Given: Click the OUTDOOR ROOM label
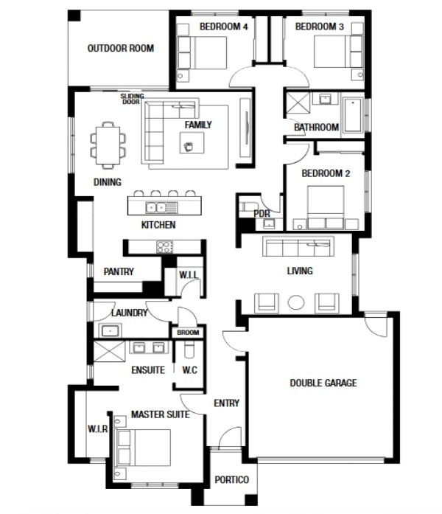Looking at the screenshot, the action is pyautogui.click(x=121, y=48).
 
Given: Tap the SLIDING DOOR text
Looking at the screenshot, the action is pyautogui.click(x=133, y=99).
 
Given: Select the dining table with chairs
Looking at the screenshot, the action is pyautogui.click(x=108, y=145).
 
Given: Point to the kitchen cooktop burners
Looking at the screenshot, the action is pyautogui.click(x=165, y=247).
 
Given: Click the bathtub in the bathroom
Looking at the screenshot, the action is pyautogui.click(x=352, y=115).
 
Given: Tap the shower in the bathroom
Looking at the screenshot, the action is pyautogui.click(x=298, y=103).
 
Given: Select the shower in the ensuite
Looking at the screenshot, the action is pyautogui.click(x=109, y=351).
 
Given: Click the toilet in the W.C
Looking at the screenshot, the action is pyautogui.click(x=189, y=350).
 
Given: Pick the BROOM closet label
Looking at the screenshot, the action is pyautogui.click(x=188, y=333).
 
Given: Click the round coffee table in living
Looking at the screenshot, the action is pyautogui.click(x=296, y=302).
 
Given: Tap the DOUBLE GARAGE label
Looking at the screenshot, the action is pyautogui.click(x=323, y=383).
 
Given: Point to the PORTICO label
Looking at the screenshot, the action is pyautogui.click(x=231, y=480).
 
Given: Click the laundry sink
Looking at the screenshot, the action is pyautogui.click(x=110, y=331).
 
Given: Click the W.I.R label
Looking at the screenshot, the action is pyautogui.click(x=97, y=428).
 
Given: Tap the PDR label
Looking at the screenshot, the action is pyautogui.click(x=262, y=214).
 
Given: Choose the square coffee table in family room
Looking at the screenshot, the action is pyautogui.click(x=192, y=142).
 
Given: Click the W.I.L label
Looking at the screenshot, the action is pyautogui.click(x=189, y=275).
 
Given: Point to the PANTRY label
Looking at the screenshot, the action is pyautogui.click(x=119, y=271).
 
